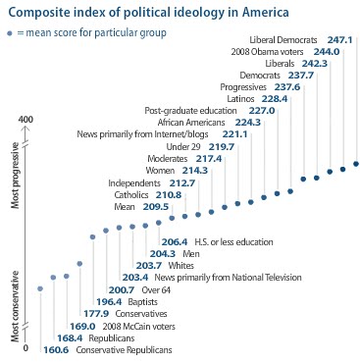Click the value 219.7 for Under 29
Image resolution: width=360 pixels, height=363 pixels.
point(222,157)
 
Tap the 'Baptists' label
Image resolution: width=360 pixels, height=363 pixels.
point(134,302)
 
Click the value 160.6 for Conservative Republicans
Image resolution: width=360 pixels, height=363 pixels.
point(56,350)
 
